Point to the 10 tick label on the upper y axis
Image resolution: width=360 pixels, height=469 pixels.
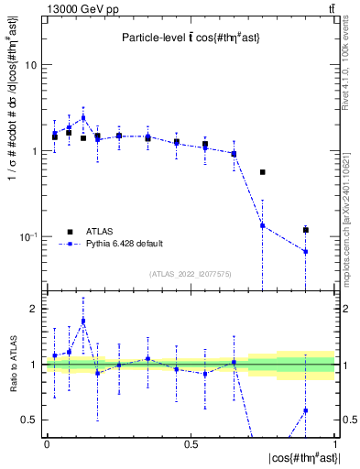(31, 66)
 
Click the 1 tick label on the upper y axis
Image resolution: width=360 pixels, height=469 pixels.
(35, 151)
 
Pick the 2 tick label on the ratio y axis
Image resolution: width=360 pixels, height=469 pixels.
(35, 310)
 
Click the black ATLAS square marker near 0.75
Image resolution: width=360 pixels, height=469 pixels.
(263, 172)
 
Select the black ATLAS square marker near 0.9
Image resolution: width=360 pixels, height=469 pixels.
(306, 230)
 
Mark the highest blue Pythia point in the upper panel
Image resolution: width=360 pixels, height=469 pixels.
(83, 117)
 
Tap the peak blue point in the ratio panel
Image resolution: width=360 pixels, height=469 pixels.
(83, 321)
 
